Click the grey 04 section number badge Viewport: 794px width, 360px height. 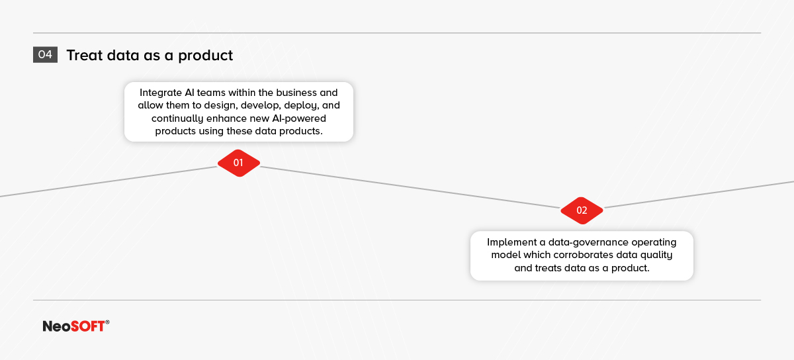coord(45,55)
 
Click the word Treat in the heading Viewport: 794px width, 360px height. coord(85,56)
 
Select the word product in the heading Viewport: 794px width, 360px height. coord(205,56)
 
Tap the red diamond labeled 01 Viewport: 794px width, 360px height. coord(239,163)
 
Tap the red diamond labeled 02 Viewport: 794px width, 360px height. coord(582,210)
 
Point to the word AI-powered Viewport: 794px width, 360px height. coord(299,118)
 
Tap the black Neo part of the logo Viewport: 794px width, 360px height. coord(57,326)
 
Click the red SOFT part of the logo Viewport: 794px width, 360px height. coord(87,326)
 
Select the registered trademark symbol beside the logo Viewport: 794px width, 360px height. coord(107,322)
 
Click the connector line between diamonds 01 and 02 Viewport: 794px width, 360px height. coord(410,187)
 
